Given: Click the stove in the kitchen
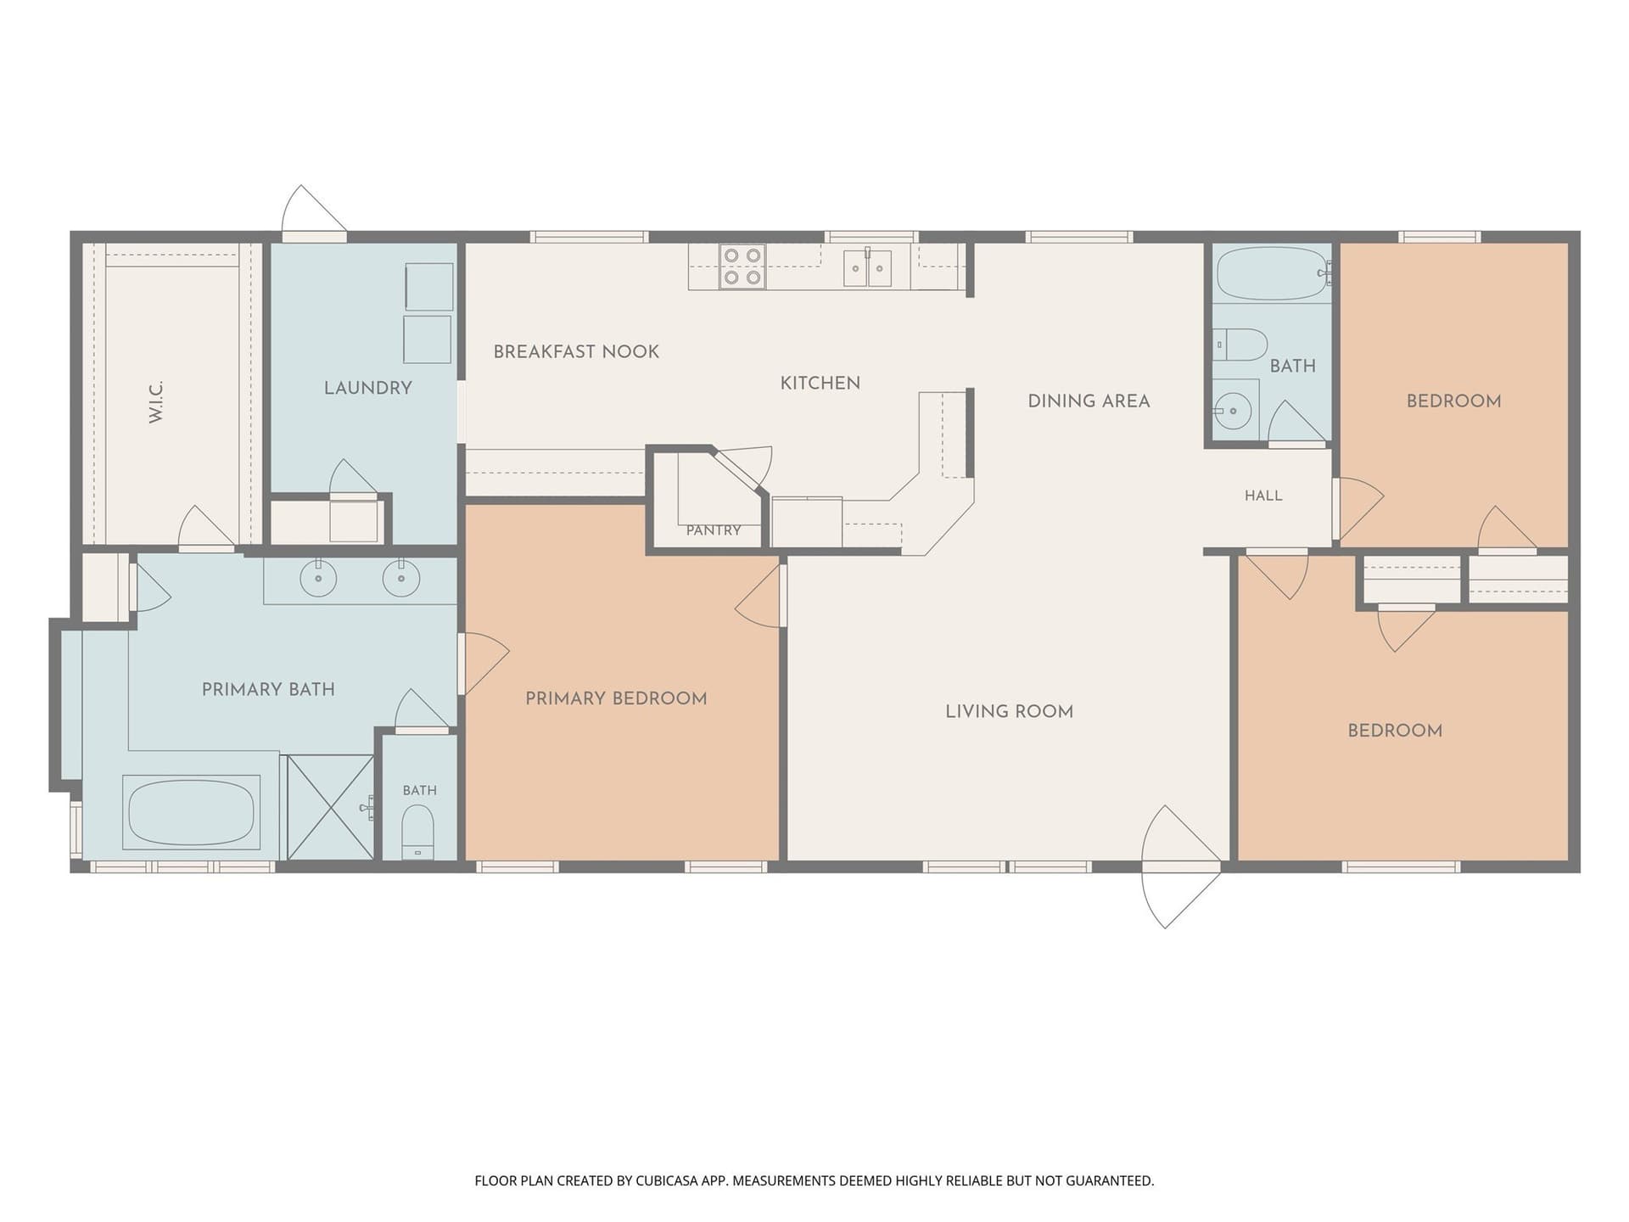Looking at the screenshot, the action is pos(742,266).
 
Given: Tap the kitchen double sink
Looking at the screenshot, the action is pos(867,268).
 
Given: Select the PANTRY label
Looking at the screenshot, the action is pos(714,530).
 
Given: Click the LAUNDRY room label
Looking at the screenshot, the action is pos(368,388).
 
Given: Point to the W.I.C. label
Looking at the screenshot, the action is pos(156,402).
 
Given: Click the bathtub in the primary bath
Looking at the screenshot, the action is pos(191,812).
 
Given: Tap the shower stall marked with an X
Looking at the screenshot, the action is pos(331,807).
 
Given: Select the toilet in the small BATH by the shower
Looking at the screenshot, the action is pos(417,832).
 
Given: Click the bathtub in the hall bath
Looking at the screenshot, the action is pos(1272,273).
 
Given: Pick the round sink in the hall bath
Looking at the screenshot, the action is pos(1234,412).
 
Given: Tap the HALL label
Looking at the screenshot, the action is pos(1263,496).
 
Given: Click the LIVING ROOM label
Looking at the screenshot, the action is pos(1010,712).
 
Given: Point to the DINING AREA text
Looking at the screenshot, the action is pos(1089,401).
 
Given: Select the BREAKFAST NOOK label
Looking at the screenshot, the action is pos(576,351).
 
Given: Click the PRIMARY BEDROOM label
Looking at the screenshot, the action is pos(616,698).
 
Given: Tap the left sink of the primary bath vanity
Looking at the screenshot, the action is pos(318,579).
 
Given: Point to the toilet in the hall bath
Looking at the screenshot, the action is pos(1240,345).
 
